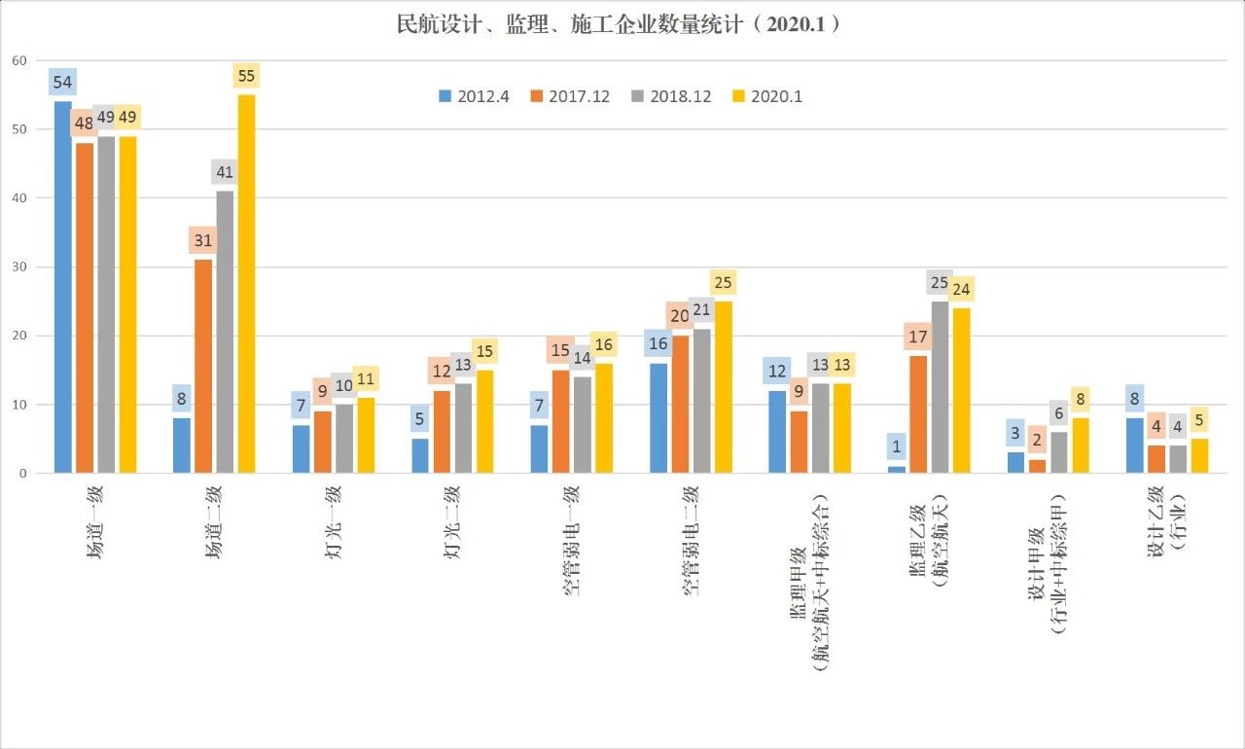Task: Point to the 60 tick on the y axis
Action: [18, 60]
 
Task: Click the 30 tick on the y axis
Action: [18, 267]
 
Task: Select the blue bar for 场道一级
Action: [63, 287]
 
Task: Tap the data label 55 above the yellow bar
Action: [246, 76]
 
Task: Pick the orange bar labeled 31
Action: [203, 367]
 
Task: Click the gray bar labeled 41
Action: [225, 332]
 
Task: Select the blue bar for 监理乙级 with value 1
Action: [896, 470]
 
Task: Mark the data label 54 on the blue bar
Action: [63, 82]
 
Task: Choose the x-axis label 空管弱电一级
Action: [572, 540]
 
